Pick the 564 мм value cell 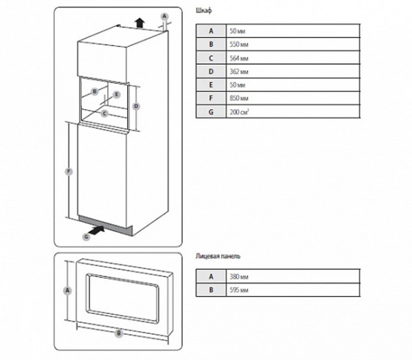292,58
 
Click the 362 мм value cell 292,71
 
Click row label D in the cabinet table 211,71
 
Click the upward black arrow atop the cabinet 139,22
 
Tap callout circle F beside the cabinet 68,171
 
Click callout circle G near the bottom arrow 87,236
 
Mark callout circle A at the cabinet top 163,15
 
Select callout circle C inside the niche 104,114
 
